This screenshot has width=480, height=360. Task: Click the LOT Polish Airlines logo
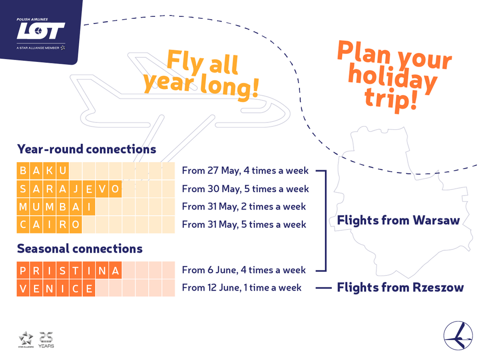click(x=41, y=33)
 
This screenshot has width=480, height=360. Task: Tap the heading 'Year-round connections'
click(x=87, y=149)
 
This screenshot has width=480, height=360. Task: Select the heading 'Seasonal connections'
click(x=80, y=248)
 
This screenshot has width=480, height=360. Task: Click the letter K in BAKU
click(x=49, y=171)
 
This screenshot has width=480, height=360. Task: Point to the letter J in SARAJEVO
click(x=75, y=189)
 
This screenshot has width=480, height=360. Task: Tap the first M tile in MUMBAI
click(x=23, y=207)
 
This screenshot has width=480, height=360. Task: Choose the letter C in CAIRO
click(x=23, y=225)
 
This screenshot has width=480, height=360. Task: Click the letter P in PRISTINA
click(x=23, y=270)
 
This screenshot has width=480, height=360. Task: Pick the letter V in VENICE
click(x=23, y=288)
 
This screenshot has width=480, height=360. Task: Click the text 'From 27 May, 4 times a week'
click(x=245, y=171)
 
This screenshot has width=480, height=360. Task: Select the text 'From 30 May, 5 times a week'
click(x=246, y=189)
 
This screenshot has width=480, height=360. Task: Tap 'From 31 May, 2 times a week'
click(x=244, y=207)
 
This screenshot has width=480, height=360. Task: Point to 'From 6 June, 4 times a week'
click(x=244, y=270)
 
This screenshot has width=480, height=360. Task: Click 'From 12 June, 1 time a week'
click(x=242, y=288)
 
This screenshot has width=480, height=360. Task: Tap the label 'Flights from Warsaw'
click(x=398, y=220)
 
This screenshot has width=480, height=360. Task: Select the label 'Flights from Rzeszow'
click(x=400, y=287)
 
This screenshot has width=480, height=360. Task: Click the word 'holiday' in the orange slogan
click(x=393, y=79)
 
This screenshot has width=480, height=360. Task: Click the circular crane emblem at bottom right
click(x=458, y=336)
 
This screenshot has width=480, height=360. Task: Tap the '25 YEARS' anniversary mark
click(x=46, y=340)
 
